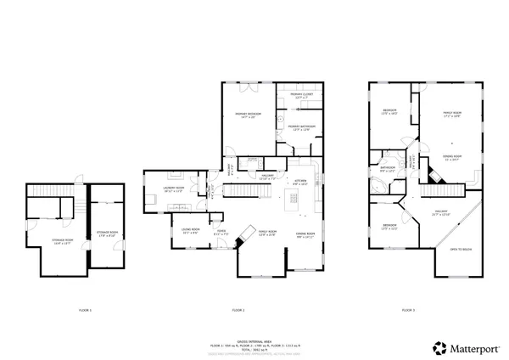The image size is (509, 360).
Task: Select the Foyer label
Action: [220, 232]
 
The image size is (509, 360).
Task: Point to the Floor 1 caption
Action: [85, 311]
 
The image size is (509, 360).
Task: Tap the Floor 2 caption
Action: [238, 311]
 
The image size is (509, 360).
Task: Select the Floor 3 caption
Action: [408, 311]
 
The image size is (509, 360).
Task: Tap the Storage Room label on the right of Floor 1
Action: [107, 233]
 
